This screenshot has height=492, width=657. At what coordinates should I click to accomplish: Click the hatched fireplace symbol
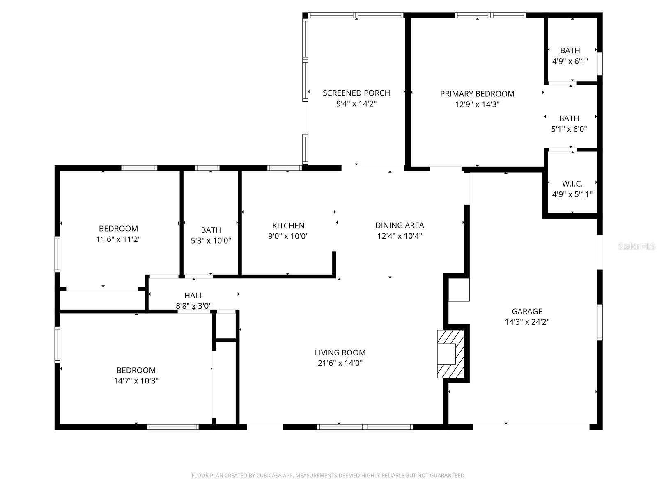tap(451, 353)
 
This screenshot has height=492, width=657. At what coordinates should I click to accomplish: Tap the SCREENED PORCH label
tap(356, 93)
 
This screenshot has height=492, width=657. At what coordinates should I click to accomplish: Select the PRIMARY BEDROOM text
tap(477, 94)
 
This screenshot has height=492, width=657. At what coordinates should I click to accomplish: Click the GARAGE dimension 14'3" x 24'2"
tap(527, 322)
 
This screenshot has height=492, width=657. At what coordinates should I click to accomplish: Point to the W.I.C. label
tap(572, 184)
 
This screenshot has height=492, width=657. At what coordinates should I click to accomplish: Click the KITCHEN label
tap(288, 225)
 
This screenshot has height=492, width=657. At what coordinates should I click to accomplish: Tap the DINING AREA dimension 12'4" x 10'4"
tap(400, 236)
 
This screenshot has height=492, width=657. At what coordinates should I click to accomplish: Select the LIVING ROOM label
tap(340, 353)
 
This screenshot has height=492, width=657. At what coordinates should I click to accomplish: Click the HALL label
tap(193, 296)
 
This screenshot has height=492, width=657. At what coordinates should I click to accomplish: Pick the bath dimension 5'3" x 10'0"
tap(211, 241)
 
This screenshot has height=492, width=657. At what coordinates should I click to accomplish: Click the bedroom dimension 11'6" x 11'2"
tap(118, 239)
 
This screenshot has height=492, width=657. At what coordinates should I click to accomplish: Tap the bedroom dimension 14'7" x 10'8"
tap(136, 381)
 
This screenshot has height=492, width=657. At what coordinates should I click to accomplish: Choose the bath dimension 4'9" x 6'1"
tap(570, 61)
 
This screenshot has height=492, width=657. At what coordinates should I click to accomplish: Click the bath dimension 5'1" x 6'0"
tap(569, 129)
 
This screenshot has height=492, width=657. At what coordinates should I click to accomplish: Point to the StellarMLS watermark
tap(636, 246)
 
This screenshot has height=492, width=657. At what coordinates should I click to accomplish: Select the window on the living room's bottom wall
tap(365, 427)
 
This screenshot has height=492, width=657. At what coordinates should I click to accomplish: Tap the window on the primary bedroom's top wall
tap(490, 16)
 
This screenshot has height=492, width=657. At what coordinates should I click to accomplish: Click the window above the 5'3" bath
tap(207, 168)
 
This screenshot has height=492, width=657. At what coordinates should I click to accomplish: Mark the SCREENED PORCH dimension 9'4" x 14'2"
tap(356, 104)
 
